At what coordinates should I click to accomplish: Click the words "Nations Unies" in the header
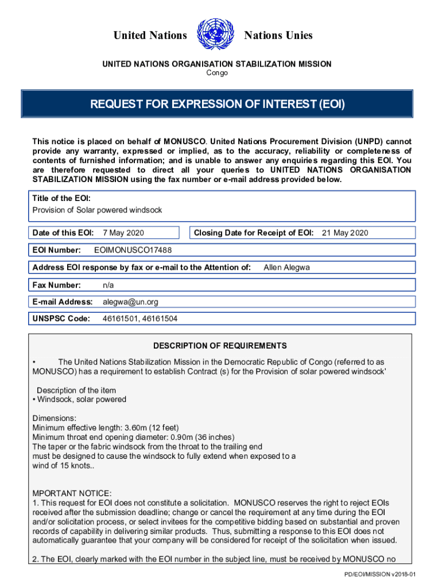pyautogui.click(x=278, y=36)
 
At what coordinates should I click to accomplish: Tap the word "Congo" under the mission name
pyautogui.click(x=217, y=73)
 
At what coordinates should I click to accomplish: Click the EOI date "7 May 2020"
pyautogui.click(x=123, y=233)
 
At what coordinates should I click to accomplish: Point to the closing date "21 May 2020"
pyautogui.click(x=344, y=233)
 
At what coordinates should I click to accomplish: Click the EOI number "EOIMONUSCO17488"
pyautogui.click(x=133, y=250)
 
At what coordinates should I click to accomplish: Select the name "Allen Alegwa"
pyautogui.click(x=286, y=268)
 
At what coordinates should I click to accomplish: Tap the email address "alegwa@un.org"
pyautogui.click(x=130, y=302)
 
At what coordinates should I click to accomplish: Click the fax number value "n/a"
pyautogui.click(x=108, y=285)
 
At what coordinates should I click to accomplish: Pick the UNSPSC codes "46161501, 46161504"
pyautogui.click(x=139, y=319)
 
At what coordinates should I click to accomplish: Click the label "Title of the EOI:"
pyautogui.click(x=61, y=199)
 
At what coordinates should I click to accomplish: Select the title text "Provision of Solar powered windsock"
pyautogui.click(x=97, y=210)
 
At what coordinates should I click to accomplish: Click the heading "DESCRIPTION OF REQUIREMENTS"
pyautogui.click(x=220, y=346)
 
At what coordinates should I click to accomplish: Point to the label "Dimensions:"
pyautogui.click(x=55, y=419)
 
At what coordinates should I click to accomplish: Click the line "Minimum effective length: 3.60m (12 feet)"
pyautogui.click(x=106, y=428)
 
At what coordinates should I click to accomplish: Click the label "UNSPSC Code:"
pyautogui.click(x=61, y=319)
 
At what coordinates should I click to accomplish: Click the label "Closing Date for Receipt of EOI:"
pyautogui.click(x=253, y=233)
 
